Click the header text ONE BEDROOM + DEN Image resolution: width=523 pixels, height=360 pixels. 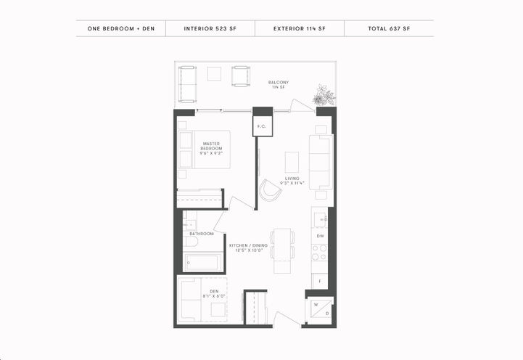click(121, 29)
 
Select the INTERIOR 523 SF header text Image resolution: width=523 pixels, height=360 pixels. click(210, 29)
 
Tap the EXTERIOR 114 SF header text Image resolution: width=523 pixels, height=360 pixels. click(300, 29)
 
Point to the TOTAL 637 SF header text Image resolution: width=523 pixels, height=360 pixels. click(389, 29)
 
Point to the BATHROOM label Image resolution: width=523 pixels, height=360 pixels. click(202, 234)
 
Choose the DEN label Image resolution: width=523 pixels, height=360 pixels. click(204, 293)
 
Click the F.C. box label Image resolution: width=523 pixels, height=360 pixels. click(261, 126)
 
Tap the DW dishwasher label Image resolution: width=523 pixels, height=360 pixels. click(319, 236)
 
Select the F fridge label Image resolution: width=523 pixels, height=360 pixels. click(319, 279)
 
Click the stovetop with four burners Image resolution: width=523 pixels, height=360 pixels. click(319, 252)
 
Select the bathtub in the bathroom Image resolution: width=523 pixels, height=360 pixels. click(202, 262)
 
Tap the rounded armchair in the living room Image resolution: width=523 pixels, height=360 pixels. click(271, 192)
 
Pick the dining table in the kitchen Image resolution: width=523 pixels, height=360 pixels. click(284, 245)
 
